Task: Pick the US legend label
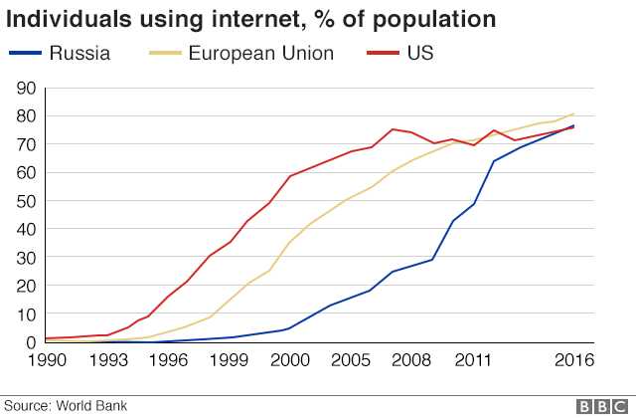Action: [x=420, y=53]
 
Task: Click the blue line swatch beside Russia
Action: [x=27, y=53]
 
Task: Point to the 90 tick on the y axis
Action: [x=27, y=89]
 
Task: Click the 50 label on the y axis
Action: [x=27, y=201]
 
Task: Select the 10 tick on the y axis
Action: [x=27, y=313]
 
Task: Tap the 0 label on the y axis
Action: [x=32, y=341]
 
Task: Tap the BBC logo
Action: [x=599, y=405]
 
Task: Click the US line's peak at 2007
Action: [x=393, y=129]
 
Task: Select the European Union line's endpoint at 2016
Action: [x=573, y=113]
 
